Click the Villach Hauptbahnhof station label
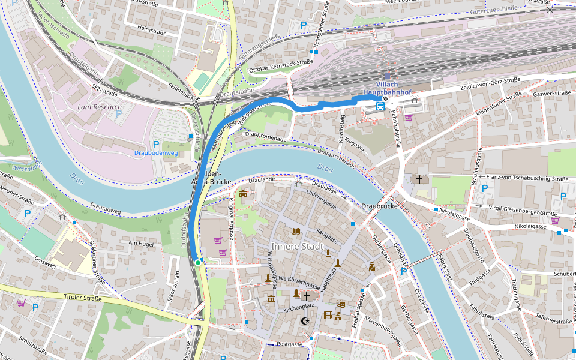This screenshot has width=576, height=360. click(386, 88)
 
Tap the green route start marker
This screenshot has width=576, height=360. click(197, 262)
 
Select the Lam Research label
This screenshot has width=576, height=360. click(100, 106)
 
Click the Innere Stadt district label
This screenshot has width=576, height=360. click(297, 247)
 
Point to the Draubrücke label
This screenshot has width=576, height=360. click(380, 206)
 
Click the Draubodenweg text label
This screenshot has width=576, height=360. click(155, 153)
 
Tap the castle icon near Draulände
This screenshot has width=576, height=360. click(243, 194)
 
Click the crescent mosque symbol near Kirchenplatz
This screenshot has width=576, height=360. click(304, 321)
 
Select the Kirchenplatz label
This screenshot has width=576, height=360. click(298, 307)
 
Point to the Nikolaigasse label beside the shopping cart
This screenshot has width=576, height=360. click(530, 226)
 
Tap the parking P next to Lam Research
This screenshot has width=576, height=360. click(119, 114)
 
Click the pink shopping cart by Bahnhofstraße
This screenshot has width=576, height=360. click(409, 117)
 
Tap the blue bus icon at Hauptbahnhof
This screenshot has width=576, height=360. click(380, 106)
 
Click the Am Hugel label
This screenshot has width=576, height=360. click(142, 243)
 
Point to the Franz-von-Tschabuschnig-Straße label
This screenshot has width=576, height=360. click(527, 178)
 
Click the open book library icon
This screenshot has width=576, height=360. click(295, 231)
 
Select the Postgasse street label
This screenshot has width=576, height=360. click(289, 344)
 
